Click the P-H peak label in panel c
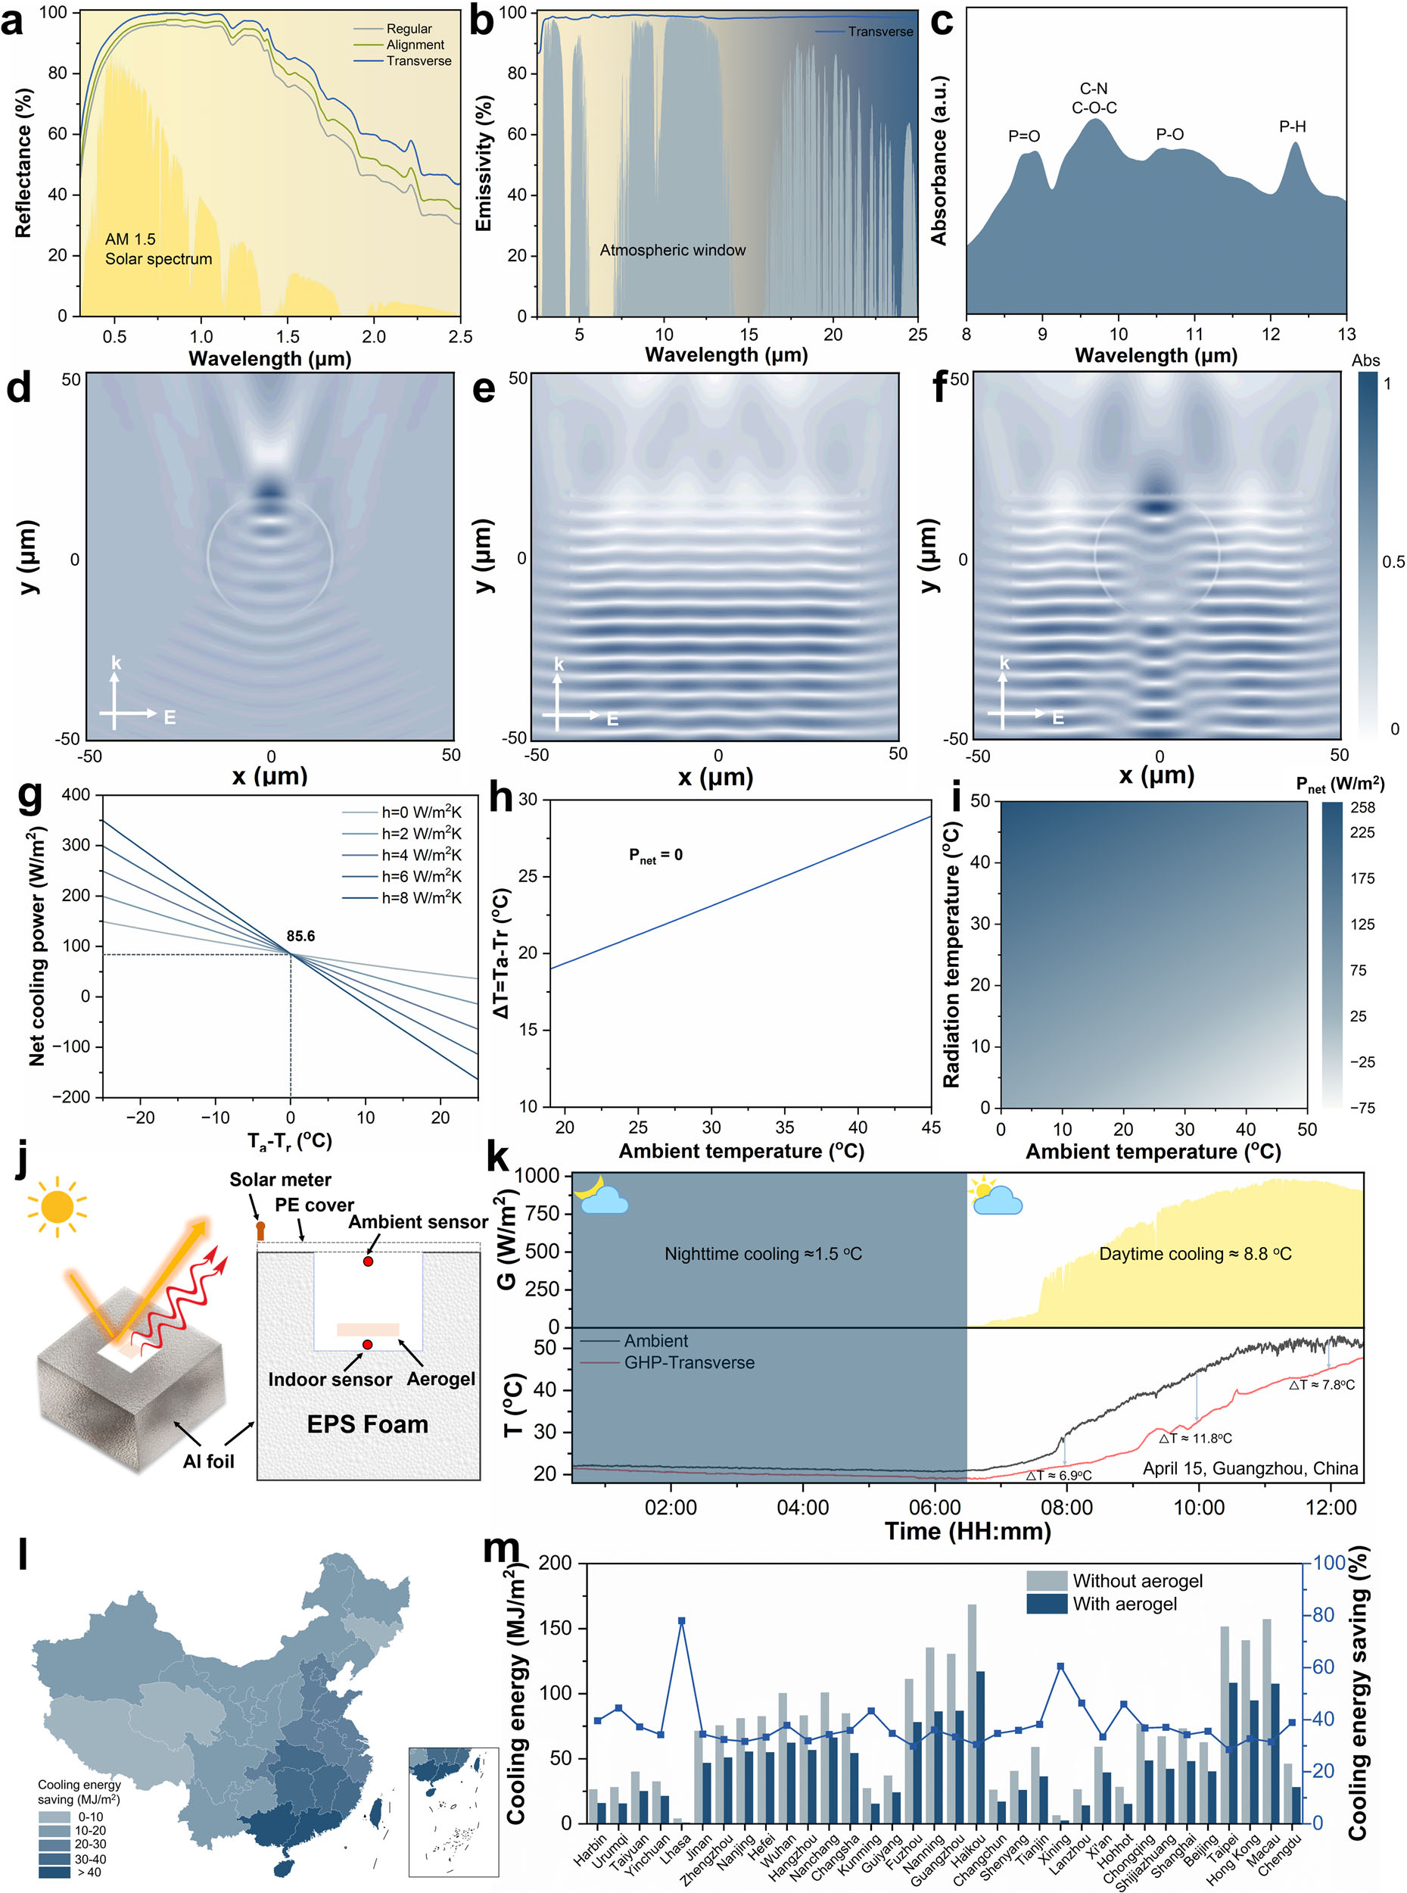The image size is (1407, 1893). pyautogui.click(x=1291, y=127)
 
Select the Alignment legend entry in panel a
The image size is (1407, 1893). pyautogui.click(x=415, y=45)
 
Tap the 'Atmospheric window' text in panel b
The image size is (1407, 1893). pyautogui.click(x=672, y=250)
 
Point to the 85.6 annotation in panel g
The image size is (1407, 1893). pyautogui.click(x=300, y=935)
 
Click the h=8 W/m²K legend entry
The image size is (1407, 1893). pyautogui.click(x=421, y=897)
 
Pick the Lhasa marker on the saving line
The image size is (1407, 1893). pyautogui.click(x=681, y=1620)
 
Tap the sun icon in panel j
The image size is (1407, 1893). pyautogui.click(x=57, y=1206)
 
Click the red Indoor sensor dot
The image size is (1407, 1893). pyautogui.click(x=367, y=1344)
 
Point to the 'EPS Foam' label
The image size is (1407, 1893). pyautogui.click(x=367, y=1424)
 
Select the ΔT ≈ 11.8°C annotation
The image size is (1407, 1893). pyautogui.click(x=1195, y=1438)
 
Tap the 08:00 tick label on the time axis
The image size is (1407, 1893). pyautogui.click(x=1066, y=1507)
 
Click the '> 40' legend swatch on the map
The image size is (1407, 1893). pyautogui.click(x=54, y=1872)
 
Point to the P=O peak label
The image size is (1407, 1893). pyautogui.click(x=1024, y=136)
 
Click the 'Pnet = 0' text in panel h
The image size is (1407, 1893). pyautogui.click(x=655, y=856)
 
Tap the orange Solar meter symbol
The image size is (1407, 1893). pyautogui.click(x=260, y=1230)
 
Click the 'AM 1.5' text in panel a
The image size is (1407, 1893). pyautogui.click(x=130, y=239)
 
